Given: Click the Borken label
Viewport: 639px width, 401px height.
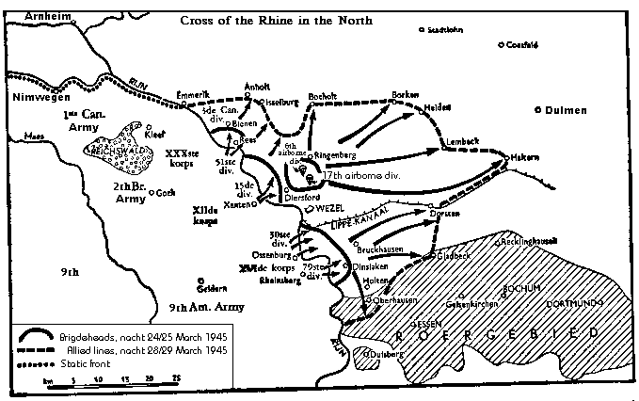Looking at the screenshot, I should point(406,96).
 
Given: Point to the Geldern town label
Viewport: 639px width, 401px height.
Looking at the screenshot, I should point(215,289).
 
